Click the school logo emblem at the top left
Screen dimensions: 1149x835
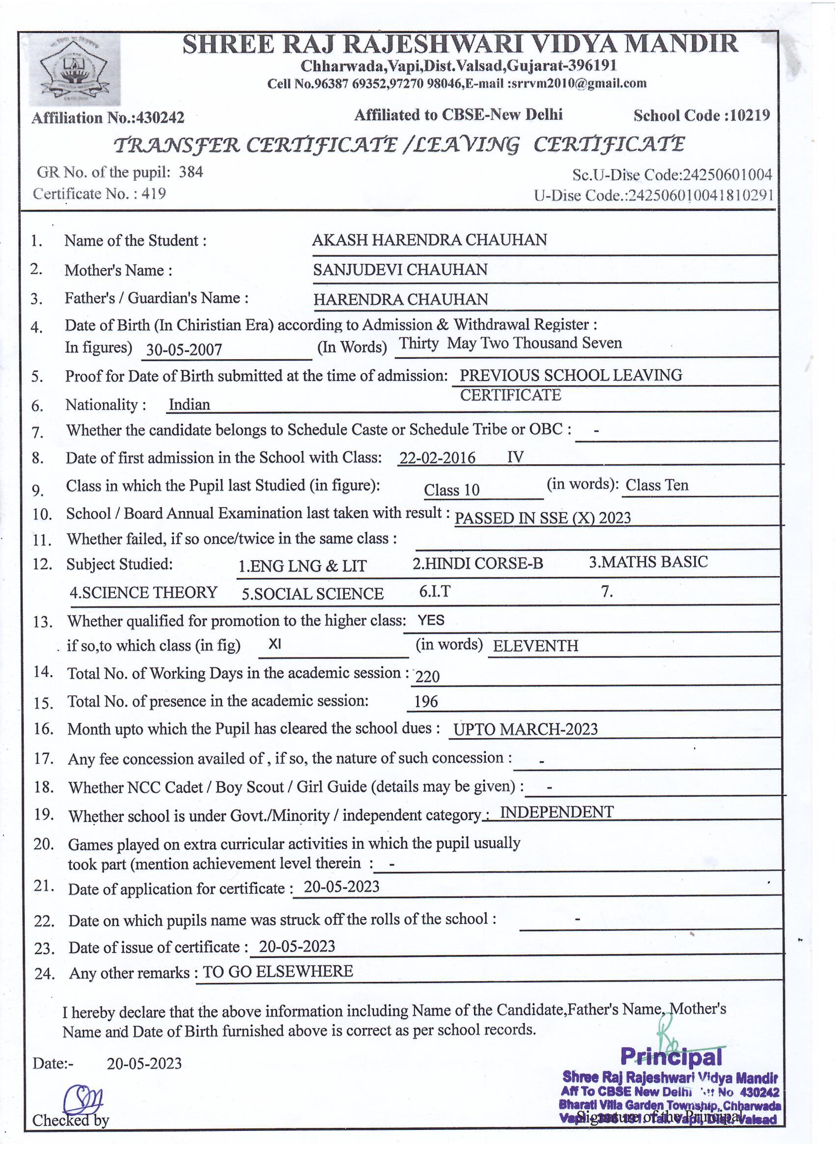click(x=75, y=70)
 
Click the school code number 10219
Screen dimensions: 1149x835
click(x=751, y=116)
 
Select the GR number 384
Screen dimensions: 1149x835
click(x=191, y=172)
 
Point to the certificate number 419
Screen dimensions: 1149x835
click(x=153, y=194)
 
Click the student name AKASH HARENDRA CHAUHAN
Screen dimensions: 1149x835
click(x=429, y=240)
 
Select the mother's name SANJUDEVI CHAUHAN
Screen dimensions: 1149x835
click(x=400, y=269)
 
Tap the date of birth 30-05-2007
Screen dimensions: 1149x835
click(x=184, y=349)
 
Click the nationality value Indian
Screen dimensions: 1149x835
click(x=189, y=404)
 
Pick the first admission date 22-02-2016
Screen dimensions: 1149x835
click(x=437, y=458)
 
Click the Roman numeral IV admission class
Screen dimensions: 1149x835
click(x=515, y=458)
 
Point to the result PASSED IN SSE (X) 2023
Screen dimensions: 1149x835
click(x=542, y=518)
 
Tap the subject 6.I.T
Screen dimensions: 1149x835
click(x=435, y=591)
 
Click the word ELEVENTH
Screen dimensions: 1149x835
click(x=535, y=646)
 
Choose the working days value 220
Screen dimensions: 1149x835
click(x=427, y=676)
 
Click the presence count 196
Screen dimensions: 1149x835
click(x=426, y=702)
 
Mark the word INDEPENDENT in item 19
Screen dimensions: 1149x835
click(x=557, y=812)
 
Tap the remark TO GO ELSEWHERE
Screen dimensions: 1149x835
click(x=278, y=971)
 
